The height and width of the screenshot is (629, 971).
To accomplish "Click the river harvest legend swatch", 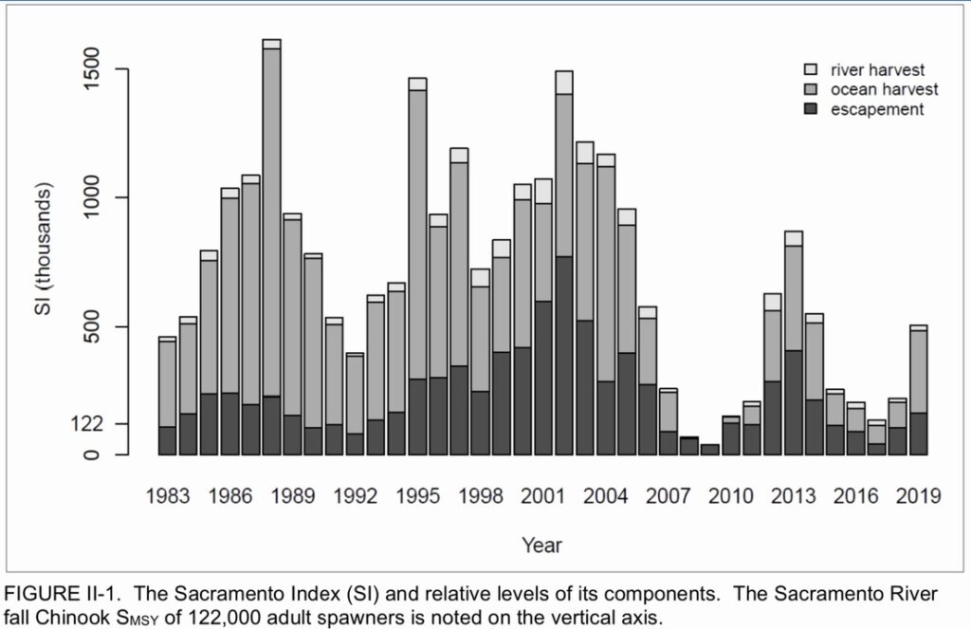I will point(811,70).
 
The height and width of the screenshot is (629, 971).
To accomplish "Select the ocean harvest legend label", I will point(884,89).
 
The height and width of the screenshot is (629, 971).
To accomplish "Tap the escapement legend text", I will point(876,109).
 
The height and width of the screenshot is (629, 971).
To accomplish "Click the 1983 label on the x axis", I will point(168,495).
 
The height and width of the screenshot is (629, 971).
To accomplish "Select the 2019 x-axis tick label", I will point(918,495).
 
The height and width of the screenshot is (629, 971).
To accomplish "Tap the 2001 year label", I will point(543,495).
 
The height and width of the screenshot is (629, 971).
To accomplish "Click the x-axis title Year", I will point(541,546).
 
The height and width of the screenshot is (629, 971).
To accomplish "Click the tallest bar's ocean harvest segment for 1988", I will point(271,218).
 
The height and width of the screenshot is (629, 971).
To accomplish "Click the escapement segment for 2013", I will point(794,403).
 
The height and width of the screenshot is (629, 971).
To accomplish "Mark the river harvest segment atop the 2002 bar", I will point(564,83).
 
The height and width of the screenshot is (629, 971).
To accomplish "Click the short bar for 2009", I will point(710,450).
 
